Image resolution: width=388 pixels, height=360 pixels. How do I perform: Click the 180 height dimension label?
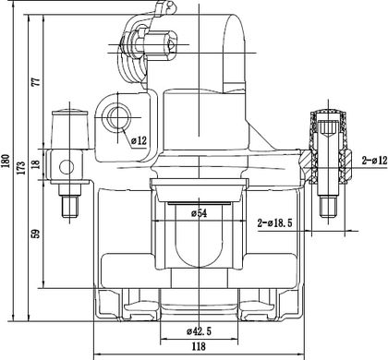(6, 161)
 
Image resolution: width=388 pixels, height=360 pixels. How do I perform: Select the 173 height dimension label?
(21, 168)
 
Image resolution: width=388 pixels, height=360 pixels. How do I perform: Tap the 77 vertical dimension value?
(36, 82)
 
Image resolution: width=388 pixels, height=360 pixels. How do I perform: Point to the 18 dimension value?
(36, 163)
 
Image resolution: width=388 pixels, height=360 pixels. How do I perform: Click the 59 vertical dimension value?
(36, 234)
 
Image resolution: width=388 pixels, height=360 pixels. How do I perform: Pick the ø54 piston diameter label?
(199, 213)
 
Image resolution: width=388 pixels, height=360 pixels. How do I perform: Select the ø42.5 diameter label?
(199, 331)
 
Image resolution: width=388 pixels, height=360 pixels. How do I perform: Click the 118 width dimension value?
(199, 346)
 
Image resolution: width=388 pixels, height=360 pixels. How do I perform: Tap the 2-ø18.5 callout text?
(275, 222)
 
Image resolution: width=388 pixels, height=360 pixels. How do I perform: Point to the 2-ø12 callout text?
(374, 161)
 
